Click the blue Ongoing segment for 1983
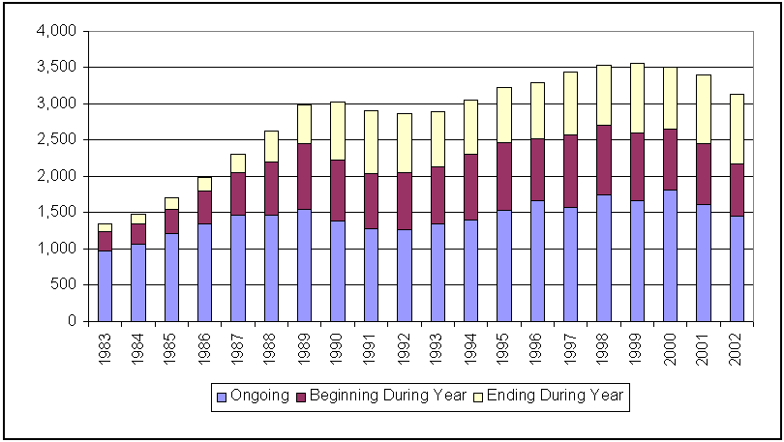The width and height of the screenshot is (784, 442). point(105,285)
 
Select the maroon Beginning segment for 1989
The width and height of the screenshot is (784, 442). point(304,176)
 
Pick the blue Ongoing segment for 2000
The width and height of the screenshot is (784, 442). point(670,255)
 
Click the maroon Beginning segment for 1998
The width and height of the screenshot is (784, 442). point(603,160)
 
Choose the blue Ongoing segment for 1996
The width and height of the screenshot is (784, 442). point(537,260)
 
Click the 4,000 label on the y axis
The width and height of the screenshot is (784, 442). point(56,31)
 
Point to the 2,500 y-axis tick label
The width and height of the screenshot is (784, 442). point(56,139)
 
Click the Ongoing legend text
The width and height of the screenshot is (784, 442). point(260,396)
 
